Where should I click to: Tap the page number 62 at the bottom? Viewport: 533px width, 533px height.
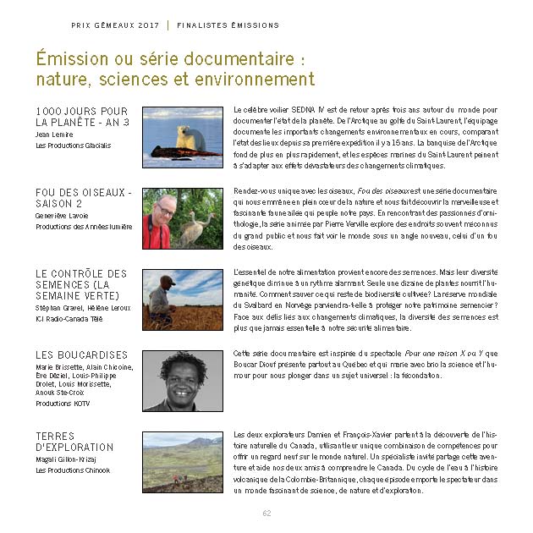click(266, 513)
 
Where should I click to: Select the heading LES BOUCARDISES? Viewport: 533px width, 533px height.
click(81, 355)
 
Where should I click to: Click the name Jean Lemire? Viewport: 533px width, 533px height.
click(55, 134)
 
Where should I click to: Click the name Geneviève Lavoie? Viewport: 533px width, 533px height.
click(62, 216)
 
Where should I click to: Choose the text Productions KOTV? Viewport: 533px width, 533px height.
click(63, 404)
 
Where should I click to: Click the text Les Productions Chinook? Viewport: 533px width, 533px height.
click(73, 470)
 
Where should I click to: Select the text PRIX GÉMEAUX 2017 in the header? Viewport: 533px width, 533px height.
click(116, 25)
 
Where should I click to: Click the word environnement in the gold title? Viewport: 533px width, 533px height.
click(254, 80)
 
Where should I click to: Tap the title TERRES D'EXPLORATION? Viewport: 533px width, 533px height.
click(74, 442)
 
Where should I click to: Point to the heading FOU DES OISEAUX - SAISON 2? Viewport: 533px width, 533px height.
click(83, 198)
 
